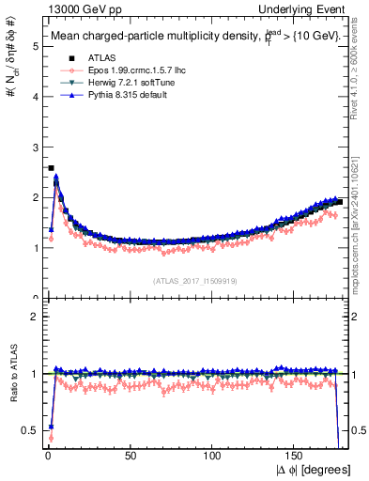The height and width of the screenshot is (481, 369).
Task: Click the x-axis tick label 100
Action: click(213, 457)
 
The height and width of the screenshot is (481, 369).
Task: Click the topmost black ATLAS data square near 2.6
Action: click(51, 168)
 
